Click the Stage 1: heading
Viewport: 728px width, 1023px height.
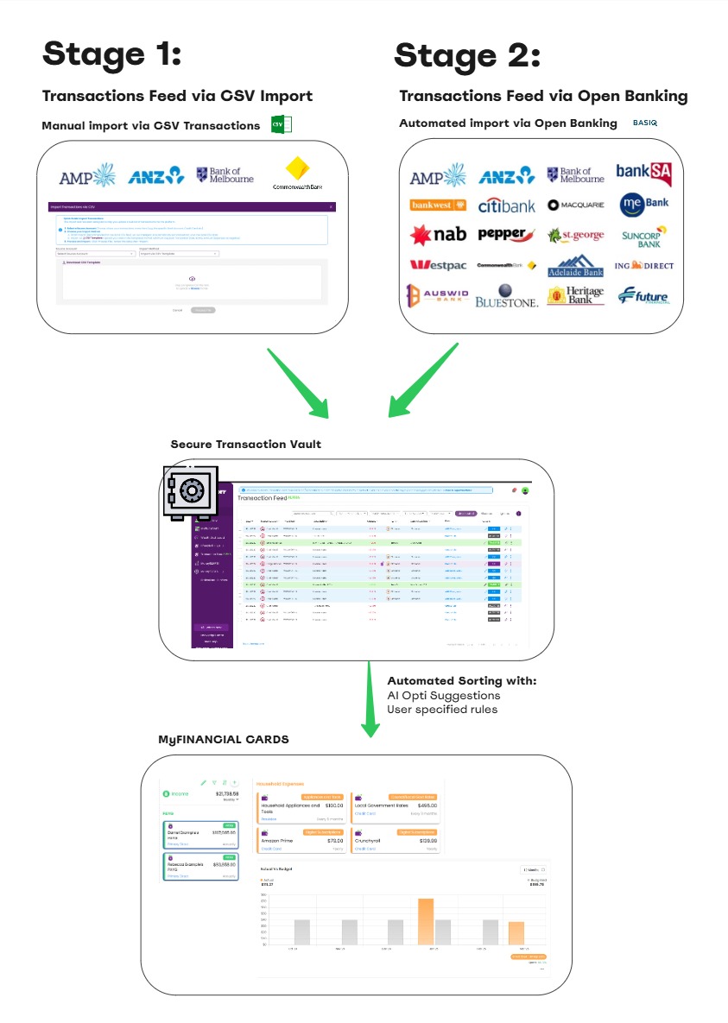click(112, 54)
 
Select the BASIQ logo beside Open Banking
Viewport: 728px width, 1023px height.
click(645, 123)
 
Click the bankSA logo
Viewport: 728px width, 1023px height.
click(644, 174)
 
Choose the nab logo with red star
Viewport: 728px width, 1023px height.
click(439, 235)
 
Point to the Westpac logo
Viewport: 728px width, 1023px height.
click(438, 265)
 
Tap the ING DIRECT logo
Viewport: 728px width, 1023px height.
click(644, 266)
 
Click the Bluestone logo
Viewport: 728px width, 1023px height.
click(507, 296)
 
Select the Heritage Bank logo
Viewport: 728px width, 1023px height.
click(576, 296)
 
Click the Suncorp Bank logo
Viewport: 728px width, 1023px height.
click(644, 235)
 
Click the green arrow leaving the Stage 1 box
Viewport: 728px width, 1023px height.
click(298, 379)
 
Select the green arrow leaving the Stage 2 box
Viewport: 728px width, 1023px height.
click(422, 381)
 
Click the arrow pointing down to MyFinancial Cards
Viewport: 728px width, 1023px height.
click(370, 699)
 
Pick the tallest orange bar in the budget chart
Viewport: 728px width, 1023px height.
click(426, 921)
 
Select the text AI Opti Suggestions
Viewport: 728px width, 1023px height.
click(444, 695)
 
